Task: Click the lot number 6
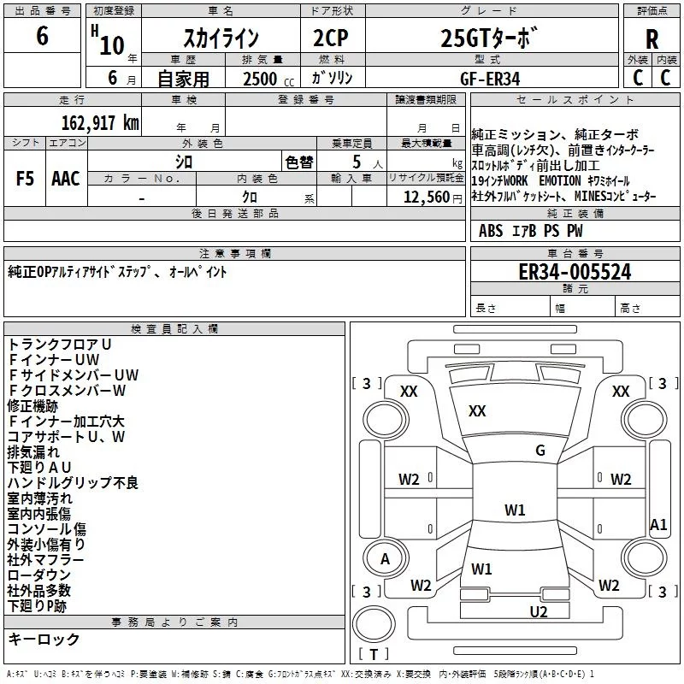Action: coord(43,37)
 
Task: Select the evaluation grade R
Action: coord(652,39)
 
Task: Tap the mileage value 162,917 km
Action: coord(101,123)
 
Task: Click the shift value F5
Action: coord(26,179)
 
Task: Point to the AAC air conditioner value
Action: coord(65,179)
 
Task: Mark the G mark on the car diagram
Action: coord(540,451)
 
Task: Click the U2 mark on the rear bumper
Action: coord(538,611)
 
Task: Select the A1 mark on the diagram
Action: coord(658,524)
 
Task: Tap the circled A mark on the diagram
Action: coord(385,559)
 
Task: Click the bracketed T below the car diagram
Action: coord(374,654)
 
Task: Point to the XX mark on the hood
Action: coord(477,411)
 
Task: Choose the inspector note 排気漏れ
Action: coord(33,451)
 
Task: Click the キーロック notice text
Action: coord(44,639)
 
